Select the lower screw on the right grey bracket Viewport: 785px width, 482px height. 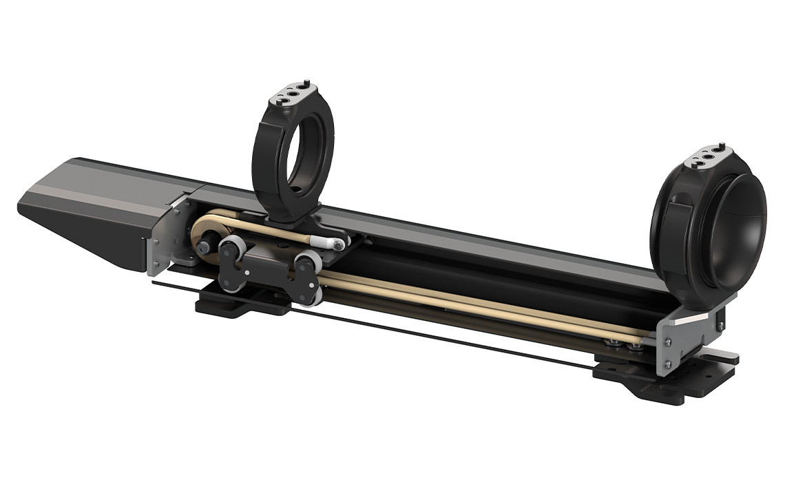(668, 364)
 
